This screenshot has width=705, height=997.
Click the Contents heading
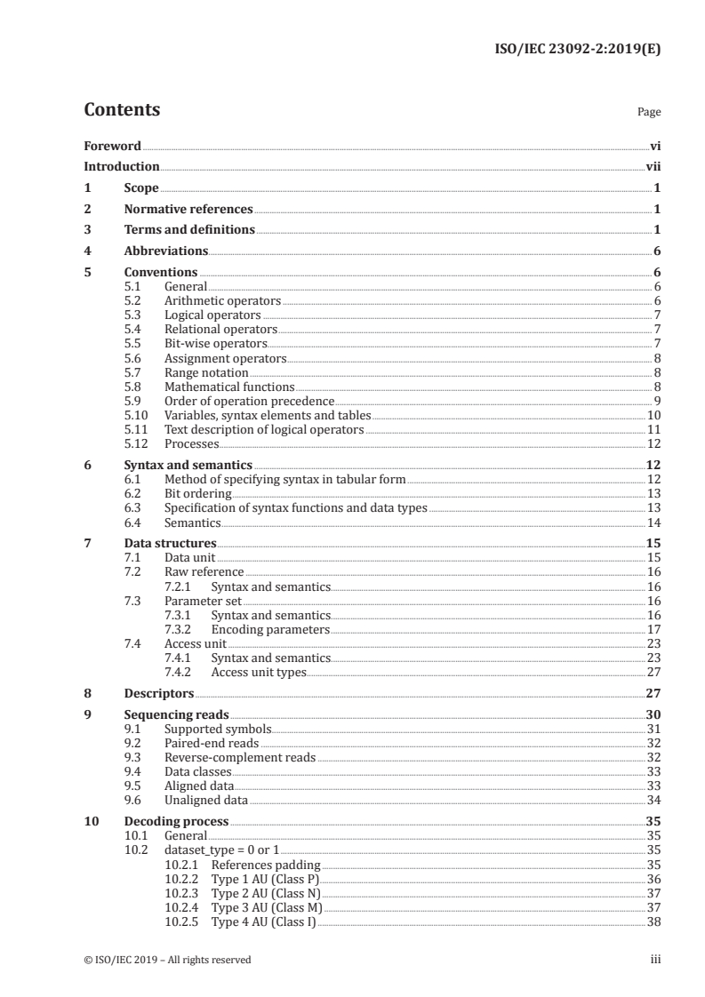tap(122, 110)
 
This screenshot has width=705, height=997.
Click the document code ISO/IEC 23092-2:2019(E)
tap(577, 50)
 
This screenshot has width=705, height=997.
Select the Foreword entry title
tap(112, 146)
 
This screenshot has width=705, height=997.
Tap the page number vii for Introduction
tap(653, 167)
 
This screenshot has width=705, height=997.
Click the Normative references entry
tap(188, 210)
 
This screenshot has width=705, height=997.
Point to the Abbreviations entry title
tap(166, 251)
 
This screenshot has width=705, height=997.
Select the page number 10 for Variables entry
tap(653, 415)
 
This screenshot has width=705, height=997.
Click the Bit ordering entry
tap(197, 493)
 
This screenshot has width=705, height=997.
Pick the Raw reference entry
tap(204, 571)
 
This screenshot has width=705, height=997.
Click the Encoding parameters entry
tap(270, 629)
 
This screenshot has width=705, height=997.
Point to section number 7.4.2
tap(179, 673)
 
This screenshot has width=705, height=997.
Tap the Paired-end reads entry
tap(212, 743)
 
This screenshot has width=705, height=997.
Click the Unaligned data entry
tap(205, 800)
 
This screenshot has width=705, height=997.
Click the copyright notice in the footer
tap(167, 960)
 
